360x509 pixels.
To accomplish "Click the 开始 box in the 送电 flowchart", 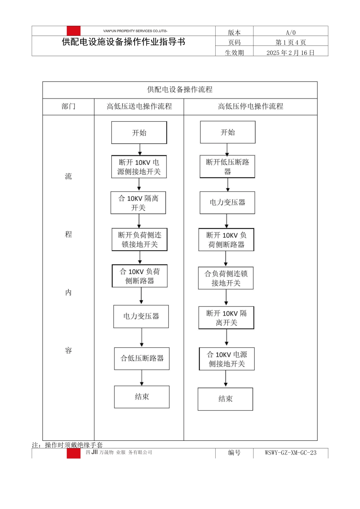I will coord(139,133).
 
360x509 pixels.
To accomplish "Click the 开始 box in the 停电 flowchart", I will coord(228,132).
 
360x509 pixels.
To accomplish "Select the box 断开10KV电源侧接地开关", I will coord(139,167).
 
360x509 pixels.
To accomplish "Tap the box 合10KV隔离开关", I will coord(138,203).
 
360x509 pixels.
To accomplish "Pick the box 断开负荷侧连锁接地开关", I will coord(139,239).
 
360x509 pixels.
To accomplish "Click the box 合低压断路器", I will coord(142,358).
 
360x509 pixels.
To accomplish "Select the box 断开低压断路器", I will coord(227,167).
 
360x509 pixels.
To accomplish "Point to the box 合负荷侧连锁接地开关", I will coord(226,278).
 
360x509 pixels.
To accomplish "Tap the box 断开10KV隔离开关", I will coord(226,318).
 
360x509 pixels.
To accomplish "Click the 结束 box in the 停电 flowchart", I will coord(225,399).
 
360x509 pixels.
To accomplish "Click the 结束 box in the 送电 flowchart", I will coord(142,397).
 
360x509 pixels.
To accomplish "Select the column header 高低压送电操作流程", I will coord(139,106).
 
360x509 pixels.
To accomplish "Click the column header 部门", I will coord(68,106).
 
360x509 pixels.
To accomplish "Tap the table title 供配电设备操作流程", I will coord(180,90).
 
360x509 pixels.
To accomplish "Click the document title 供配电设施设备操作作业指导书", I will coord(124,42).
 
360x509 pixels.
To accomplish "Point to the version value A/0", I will coord(291,33).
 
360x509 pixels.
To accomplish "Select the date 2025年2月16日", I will coord(291,53).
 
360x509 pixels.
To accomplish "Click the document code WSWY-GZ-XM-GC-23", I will coord(291,453).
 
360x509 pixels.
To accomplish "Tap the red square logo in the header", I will coord(74,31).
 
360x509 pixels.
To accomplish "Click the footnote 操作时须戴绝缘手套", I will coord(74,445).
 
